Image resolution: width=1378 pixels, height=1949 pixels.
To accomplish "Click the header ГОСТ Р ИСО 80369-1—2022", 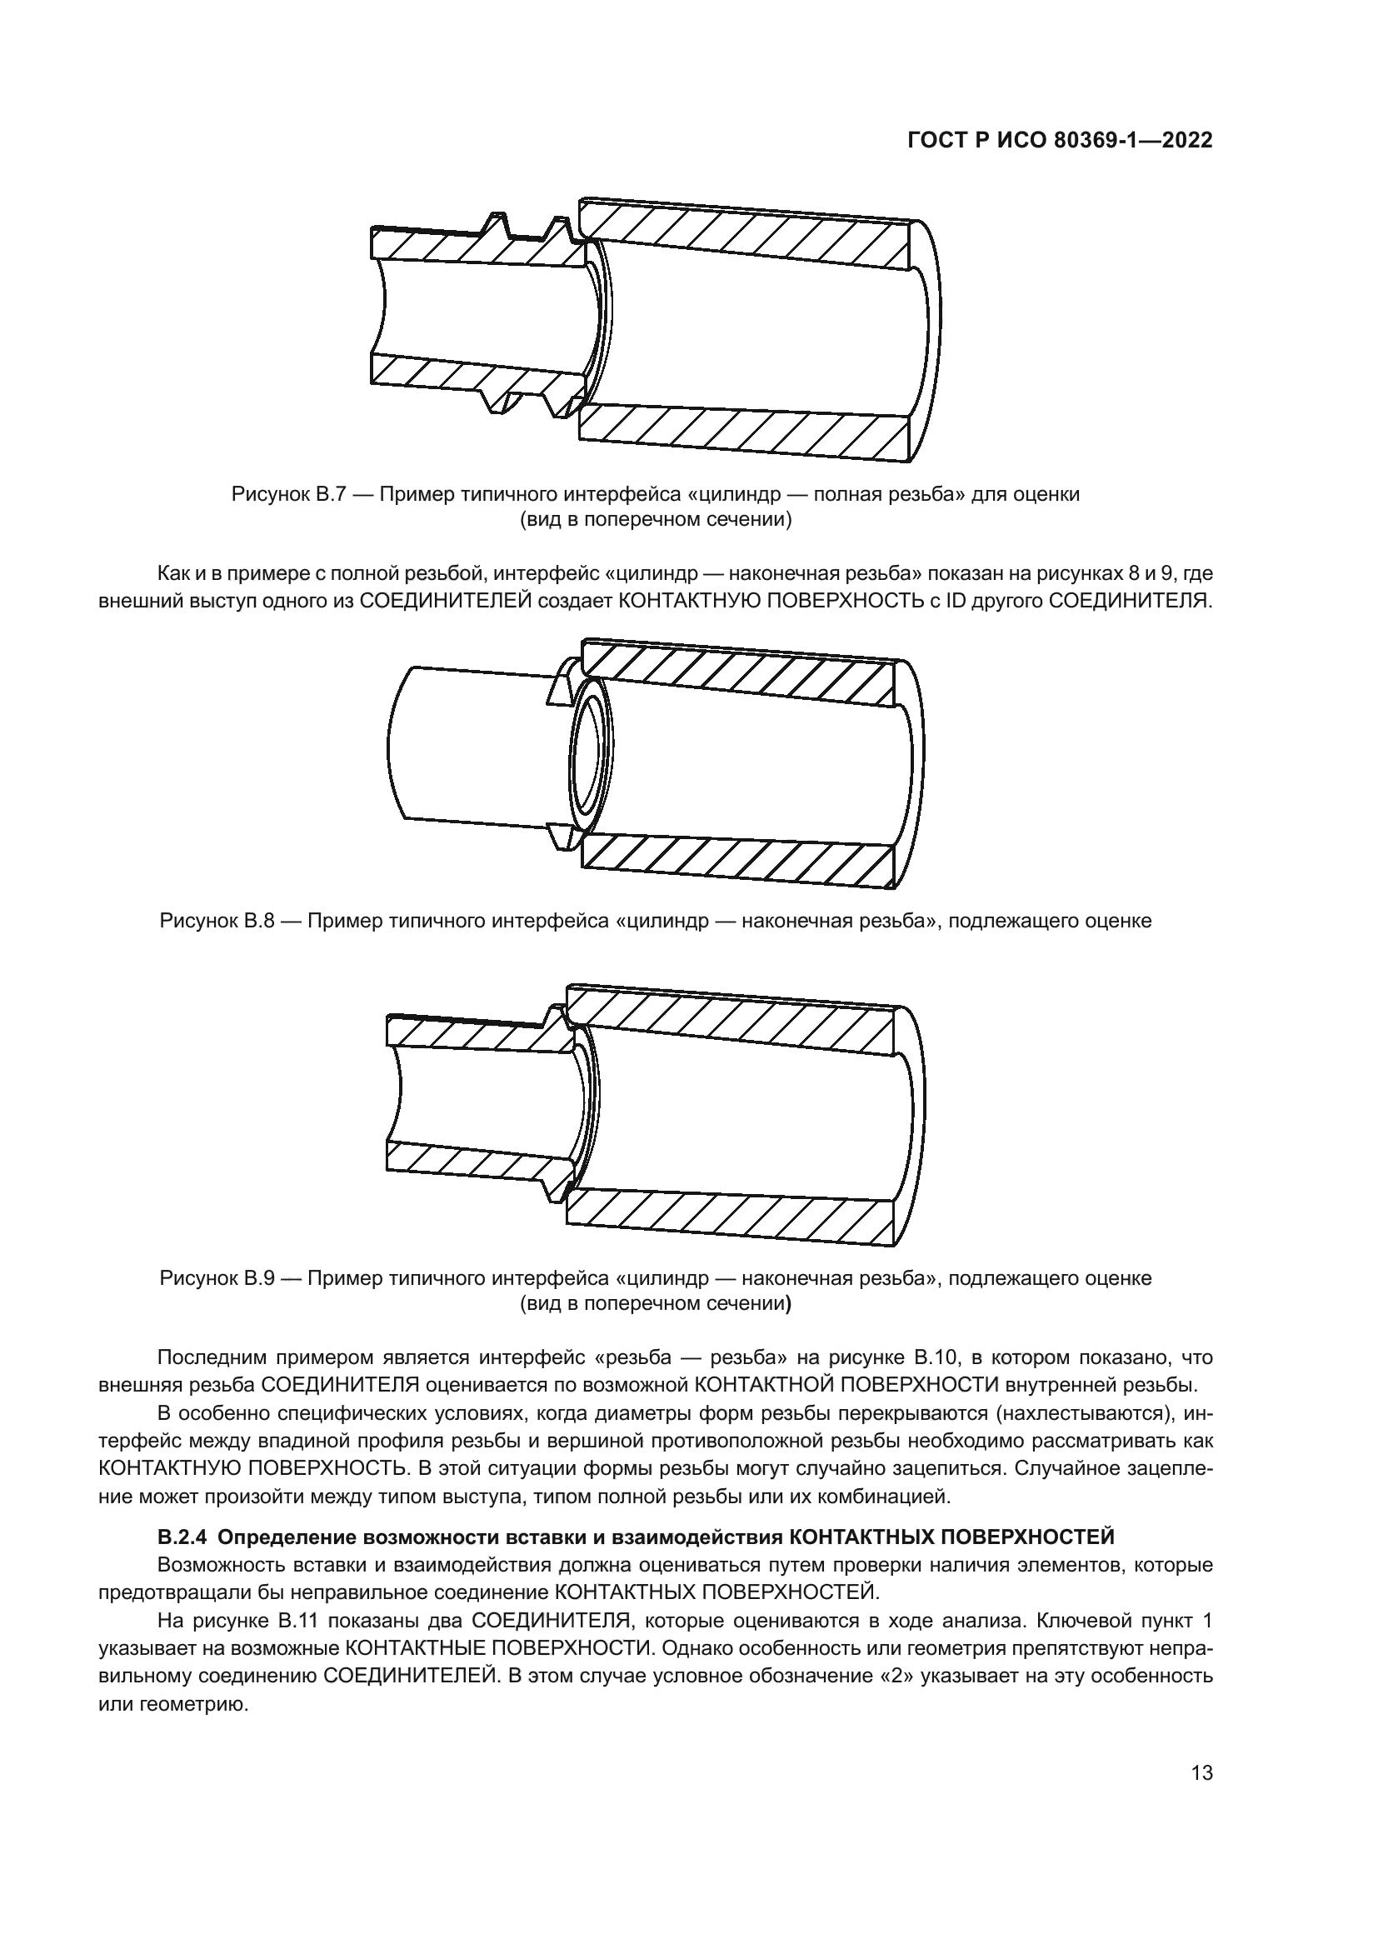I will pyautogui.click(x=1060, y=141).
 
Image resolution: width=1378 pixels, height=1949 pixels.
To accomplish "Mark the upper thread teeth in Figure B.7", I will pyautogui.click(x=526, y=229).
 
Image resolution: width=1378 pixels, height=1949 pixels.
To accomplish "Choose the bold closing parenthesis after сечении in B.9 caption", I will pyautogui.click(x=788, y=1304).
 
